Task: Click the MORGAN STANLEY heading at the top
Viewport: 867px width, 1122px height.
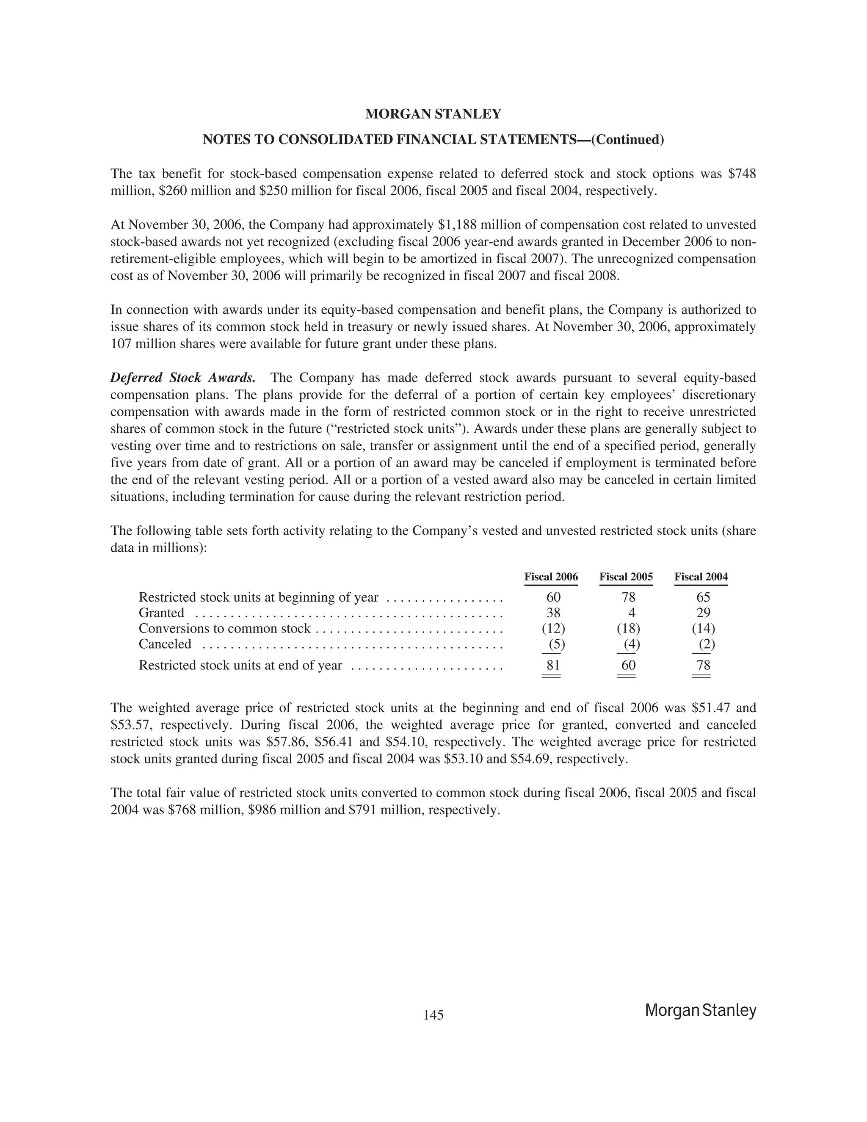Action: pyautogui.click(x=433, y=114)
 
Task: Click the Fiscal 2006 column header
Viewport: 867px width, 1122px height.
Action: pyautogui.click(x=551, y=577)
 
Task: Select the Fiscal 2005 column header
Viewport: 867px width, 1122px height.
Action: pyautogui.click(x=626, y=577)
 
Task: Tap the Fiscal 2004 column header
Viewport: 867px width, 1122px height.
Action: pyautogui.click(x=701, y=577)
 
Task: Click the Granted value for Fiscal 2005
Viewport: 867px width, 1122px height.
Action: pyautogui.click(x=632, y=613)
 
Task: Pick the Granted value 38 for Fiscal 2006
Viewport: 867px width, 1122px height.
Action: pyautogui.click(x=553, y=613)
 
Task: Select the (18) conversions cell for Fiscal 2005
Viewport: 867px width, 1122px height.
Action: pyautogui.click(x=628, y=629)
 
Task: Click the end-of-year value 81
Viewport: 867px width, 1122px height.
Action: pyautogui.click(x=553, y=665)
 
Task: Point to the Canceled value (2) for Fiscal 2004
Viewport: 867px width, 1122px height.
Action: pyautogui.click(x=706, y=644)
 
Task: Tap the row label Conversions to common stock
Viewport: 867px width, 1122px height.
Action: pyautogui.click(x=224, y=629)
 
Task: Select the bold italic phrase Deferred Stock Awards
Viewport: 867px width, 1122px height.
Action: pyautogui.click(x=183, y=378)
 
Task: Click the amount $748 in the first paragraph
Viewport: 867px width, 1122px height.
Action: pyautogui.click(x=742, y=174)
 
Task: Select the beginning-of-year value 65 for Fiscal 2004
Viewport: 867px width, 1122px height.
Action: pyautogui.click(x=703, y=597)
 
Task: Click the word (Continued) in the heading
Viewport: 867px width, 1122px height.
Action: pyautogui.click(x=628, y=140)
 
